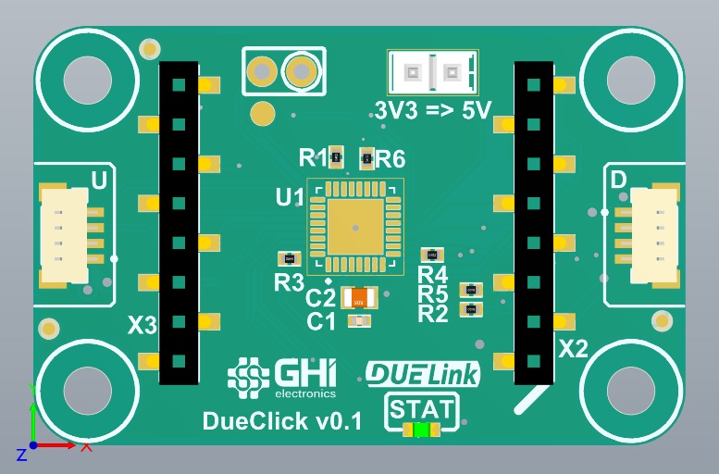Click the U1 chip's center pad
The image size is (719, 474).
355,226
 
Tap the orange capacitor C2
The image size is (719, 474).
359,298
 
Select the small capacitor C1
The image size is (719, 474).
358,321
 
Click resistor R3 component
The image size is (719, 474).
290,259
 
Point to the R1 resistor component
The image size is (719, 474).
337,158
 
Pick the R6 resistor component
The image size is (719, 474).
366,159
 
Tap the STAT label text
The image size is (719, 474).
422,408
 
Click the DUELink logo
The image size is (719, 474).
423,373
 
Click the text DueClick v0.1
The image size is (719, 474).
281,421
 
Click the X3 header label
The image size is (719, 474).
143,326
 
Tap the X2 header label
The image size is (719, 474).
575,349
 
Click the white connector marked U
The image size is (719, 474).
65,235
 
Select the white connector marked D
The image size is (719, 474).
653,235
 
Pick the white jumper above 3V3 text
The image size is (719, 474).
433,70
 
